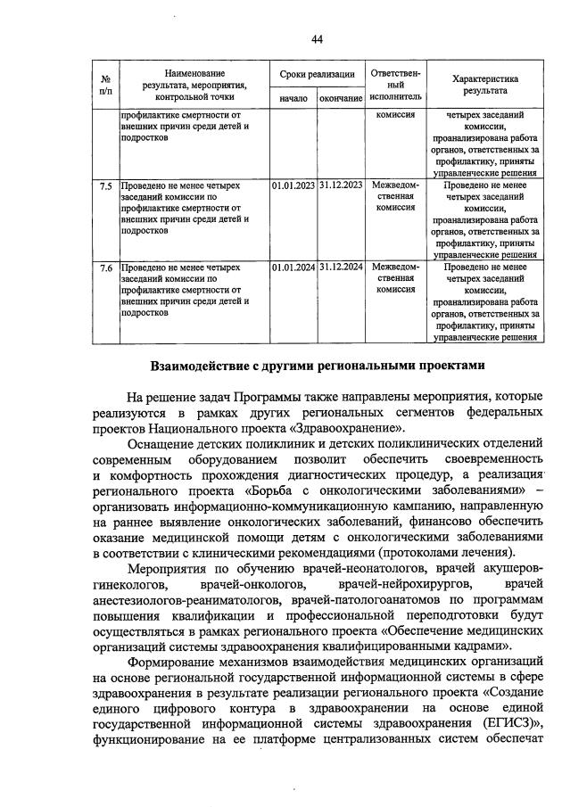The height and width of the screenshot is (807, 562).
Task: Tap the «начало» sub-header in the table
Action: coord(293,98)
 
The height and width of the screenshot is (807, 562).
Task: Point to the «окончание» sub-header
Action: coord(341,98)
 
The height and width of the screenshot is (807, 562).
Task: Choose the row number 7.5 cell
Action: coord(105,186)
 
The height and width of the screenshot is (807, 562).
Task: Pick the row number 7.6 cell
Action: coord(105,268)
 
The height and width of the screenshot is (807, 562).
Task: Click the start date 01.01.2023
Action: coord(293,186)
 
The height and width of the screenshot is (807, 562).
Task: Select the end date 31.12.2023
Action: coord(341,186)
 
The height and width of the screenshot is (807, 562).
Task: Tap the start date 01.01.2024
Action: coord(293,268)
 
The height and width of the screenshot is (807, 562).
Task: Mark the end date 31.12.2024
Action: coord(341,268)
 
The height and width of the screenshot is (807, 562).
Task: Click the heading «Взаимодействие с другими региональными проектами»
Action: coord(318,365)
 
